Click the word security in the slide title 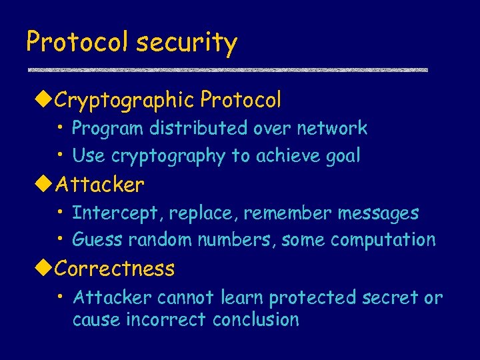(186, 43)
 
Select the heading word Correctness (115, 269)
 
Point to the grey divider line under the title (227, 69)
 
